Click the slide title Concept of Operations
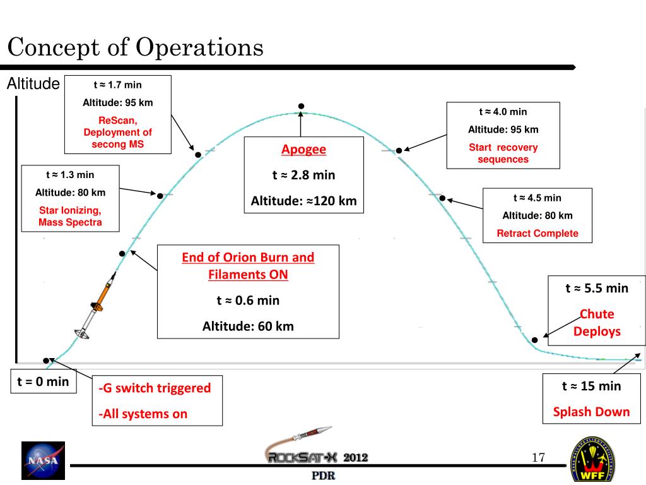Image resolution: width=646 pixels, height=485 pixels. [135, 48]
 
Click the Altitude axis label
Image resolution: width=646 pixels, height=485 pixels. [33, 84]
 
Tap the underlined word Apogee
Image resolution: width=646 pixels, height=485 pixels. [303, 150]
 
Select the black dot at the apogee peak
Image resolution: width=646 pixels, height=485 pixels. [302, 105]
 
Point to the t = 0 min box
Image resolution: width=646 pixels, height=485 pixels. [43, 381]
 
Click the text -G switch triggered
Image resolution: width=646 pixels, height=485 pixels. [155, 388]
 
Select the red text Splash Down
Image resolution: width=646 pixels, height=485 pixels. [591, 412]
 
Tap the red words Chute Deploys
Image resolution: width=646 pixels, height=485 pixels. [596, 323]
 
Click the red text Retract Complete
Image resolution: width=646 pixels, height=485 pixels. [537, 233]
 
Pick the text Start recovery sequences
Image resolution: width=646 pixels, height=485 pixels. [503, 153]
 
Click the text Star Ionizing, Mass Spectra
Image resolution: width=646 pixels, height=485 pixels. [70, 216]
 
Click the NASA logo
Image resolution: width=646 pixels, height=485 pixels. [42, 459]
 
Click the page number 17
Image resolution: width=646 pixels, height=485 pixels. [538, 458]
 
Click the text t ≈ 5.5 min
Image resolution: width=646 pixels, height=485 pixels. [596, 289]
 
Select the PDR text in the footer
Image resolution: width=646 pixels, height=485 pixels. [322, 476]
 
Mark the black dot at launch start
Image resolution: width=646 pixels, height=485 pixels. [46, 361]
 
